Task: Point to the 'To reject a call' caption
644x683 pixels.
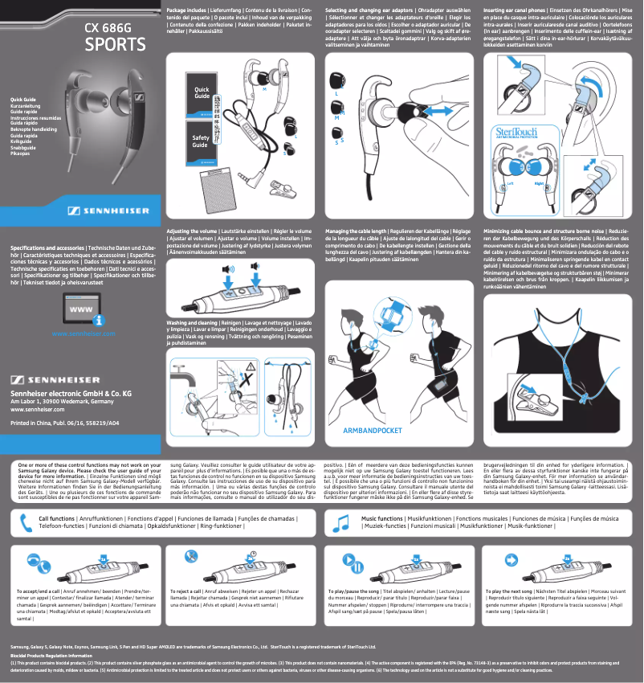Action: coord(191,591)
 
